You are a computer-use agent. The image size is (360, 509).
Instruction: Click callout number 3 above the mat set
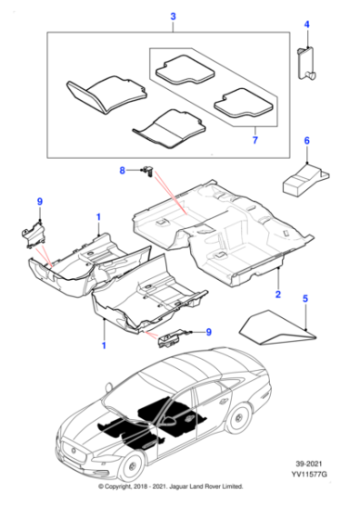[173, 17]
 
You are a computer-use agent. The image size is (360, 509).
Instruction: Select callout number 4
[306, 25]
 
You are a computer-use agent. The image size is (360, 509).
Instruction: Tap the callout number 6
[306, 141]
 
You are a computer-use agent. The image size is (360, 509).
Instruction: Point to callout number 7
[254, 141]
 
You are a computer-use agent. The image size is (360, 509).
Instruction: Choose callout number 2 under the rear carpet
[278, 295]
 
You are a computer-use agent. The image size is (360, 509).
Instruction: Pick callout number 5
[306, 298]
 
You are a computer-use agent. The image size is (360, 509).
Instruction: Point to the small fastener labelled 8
[145, 170]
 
